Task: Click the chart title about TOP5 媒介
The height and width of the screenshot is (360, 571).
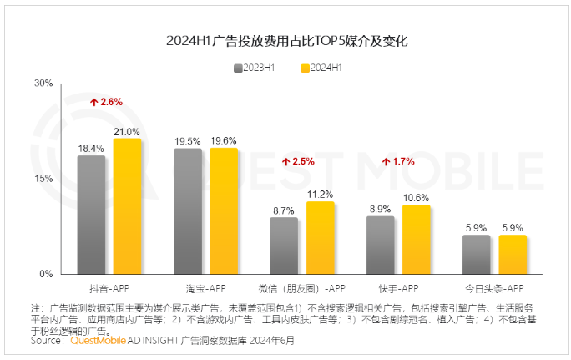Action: point(286,40)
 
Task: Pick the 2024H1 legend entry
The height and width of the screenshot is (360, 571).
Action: point(321,67)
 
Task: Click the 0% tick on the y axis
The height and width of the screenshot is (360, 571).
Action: point(47,274)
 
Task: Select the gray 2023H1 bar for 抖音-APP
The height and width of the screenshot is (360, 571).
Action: point(91,215)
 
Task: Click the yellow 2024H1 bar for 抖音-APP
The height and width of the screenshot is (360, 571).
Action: point(127,206)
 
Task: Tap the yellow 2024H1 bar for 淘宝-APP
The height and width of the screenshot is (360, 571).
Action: point(224,211)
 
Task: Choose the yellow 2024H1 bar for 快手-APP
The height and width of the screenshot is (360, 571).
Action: point(416,240)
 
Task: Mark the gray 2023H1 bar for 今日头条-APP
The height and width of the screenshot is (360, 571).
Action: point(476,255)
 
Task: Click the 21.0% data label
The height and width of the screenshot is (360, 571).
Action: point(127,132)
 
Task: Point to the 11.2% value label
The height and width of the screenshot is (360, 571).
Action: point(320,195)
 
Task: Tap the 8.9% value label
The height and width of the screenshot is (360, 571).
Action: point(380,210)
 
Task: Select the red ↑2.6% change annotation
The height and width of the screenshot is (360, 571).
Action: point(106,102)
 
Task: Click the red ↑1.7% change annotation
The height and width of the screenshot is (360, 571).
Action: point(398,161)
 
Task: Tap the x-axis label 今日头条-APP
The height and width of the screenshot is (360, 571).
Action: point(493,288)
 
